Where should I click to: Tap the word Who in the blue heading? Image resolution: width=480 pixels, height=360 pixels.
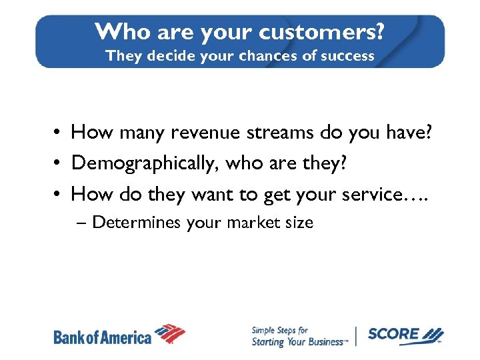[117, 31]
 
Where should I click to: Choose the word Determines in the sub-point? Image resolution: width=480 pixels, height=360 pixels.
[136, 223]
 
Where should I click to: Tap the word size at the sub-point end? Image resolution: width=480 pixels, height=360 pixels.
[299, 223]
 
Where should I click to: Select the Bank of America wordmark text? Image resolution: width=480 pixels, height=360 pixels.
[103, 337]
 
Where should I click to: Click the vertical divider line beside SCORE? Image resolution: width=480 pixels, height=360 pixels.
[357, 336]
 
